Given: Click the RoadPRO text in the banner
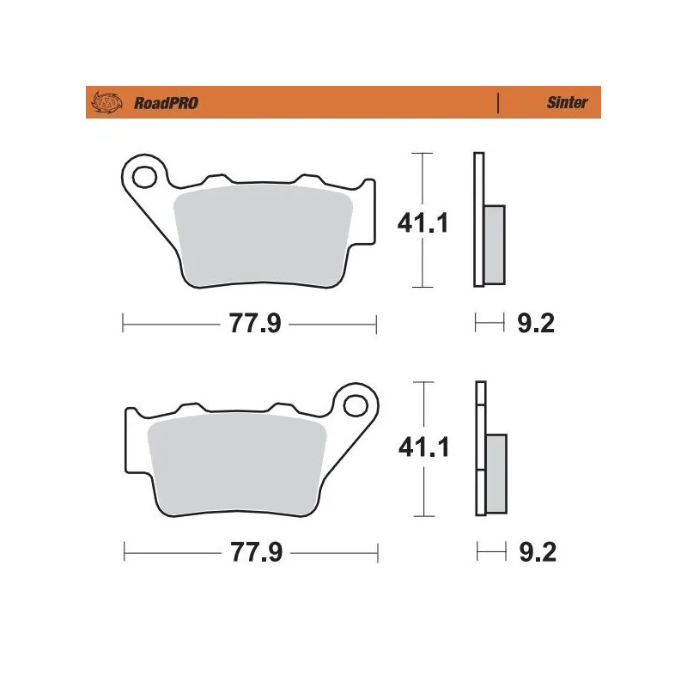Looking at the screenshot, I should (x=166, y=103).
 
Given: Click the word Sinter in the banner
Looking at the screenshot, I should (x=567, y=103).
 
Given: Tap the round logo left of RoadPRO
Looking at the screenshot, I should (x=107, y=102).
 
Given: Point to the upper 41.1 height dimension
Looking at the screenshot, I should (x=422, y=223).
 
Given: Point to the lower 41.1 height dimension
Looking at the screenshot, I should (x=422, y=448).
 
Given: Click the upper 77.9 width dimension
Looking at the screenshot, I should (x=251, y=324).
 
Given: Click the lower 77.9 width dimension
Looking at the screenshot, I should (x=251, y=552).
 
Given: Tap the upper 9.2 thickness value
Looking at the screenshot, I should (x=538, y=324).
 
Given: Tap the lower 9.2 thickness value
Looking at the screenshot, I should (x=538, y=552).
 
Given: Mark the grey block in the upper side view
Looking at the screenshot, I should (x=495, y=244).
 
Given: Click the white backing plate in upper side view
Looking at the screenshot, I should (x=478, y=219).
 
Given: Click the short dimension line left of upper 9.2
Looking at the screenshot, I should (x=489, y=324).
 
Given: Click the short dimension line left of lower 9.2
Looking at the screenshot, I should (x=489, y=552).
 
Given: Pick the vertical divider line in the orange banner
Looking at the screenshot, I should (x=498, y=103).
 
